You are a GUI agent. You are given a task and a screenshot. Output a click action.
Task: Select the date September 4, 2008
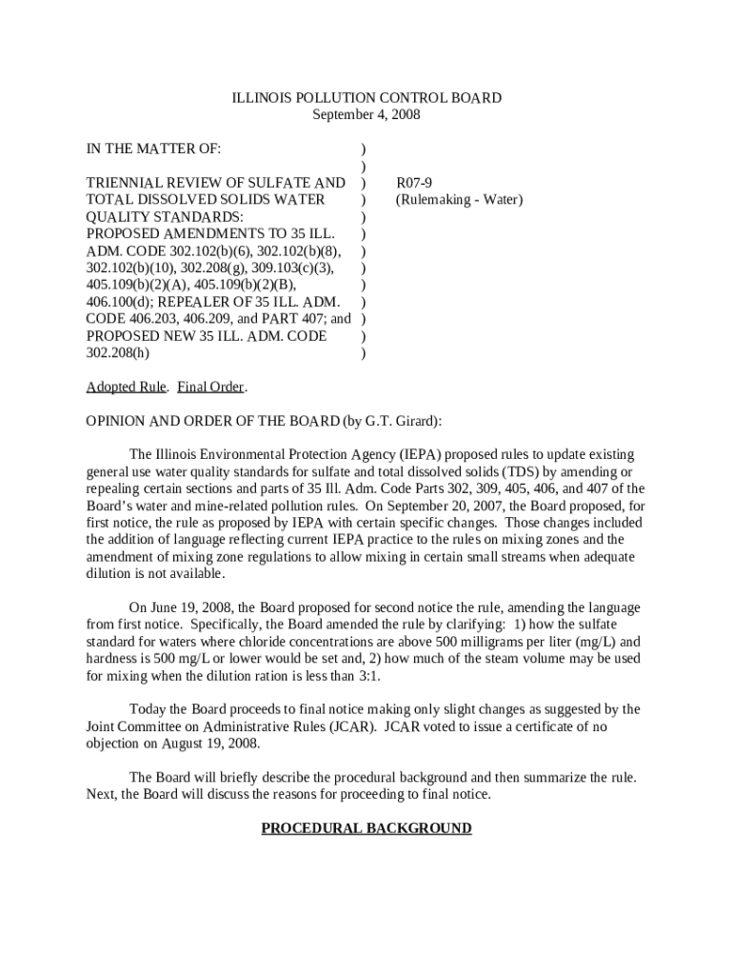366,115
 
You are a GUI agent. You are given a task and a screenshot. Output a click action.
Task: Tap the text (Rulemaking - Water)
459,200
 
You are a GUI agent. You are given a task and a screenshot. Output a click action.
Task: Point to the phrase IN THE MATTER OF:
153,149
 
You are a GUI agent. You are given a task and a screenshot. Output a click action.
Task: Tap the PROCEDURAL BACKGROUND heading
366,828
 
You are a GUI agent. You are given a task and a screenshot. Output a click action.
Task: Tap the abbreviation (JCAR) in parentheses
353,726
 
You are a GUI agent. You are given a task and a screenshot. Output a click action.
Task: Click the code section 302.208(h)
118,353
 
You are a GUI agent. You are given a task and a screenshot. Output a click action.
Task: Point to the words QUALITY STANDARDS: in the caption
165,217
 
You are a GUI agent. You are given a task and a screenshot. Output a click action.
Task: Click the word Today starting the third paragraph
149,709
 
